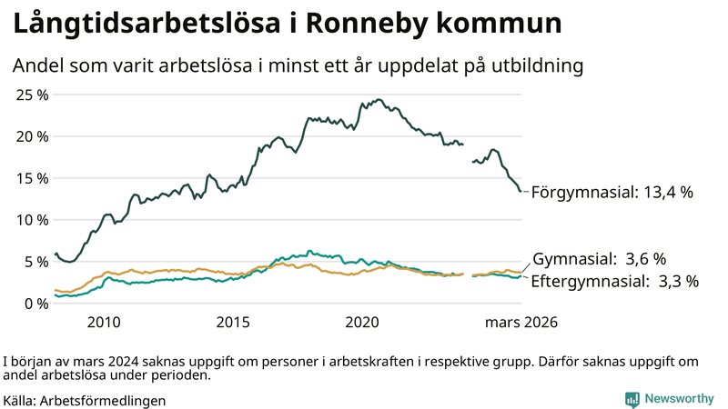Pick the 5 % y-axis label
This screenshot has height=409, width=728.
tap(35, 262)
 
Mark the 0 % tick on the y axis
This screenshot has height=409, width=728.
tap(35, 304)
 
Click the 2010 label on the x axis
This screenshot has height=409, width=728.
tap(104, 323)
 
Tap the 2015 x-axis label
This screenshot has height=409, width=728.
tap(233, 323)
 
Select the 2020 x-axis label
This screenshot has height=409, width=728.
tap(362, 323)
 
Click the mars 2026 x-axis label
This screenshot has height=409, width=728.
tap(521, 323)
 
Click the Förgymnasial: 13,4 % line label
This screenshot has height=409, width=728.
tap(612, 193)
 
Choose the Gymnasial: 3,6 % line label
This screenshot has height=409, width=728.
tap(599, 259)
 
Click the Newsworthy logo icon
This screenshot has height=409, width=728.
tap(632, 399)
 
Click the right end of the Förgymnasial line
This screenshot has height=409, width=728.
tap(521, 191)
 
